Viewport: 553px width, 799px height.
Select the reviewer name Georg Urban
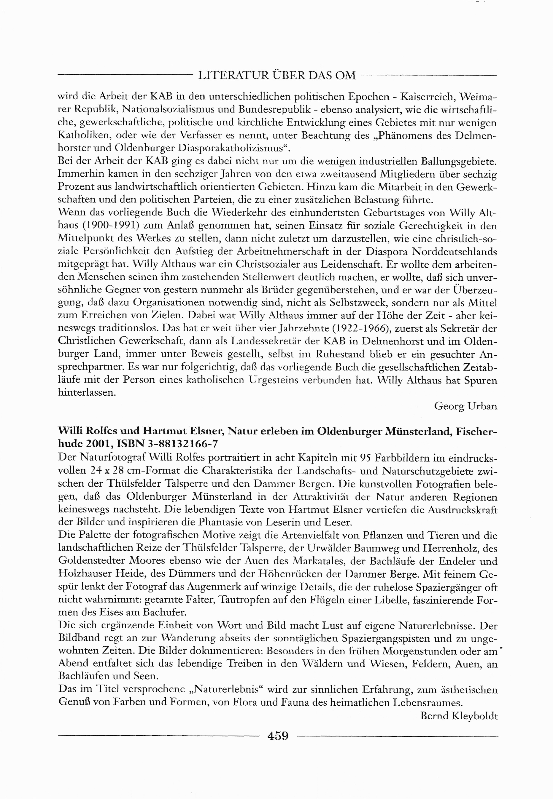(465, 406)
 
